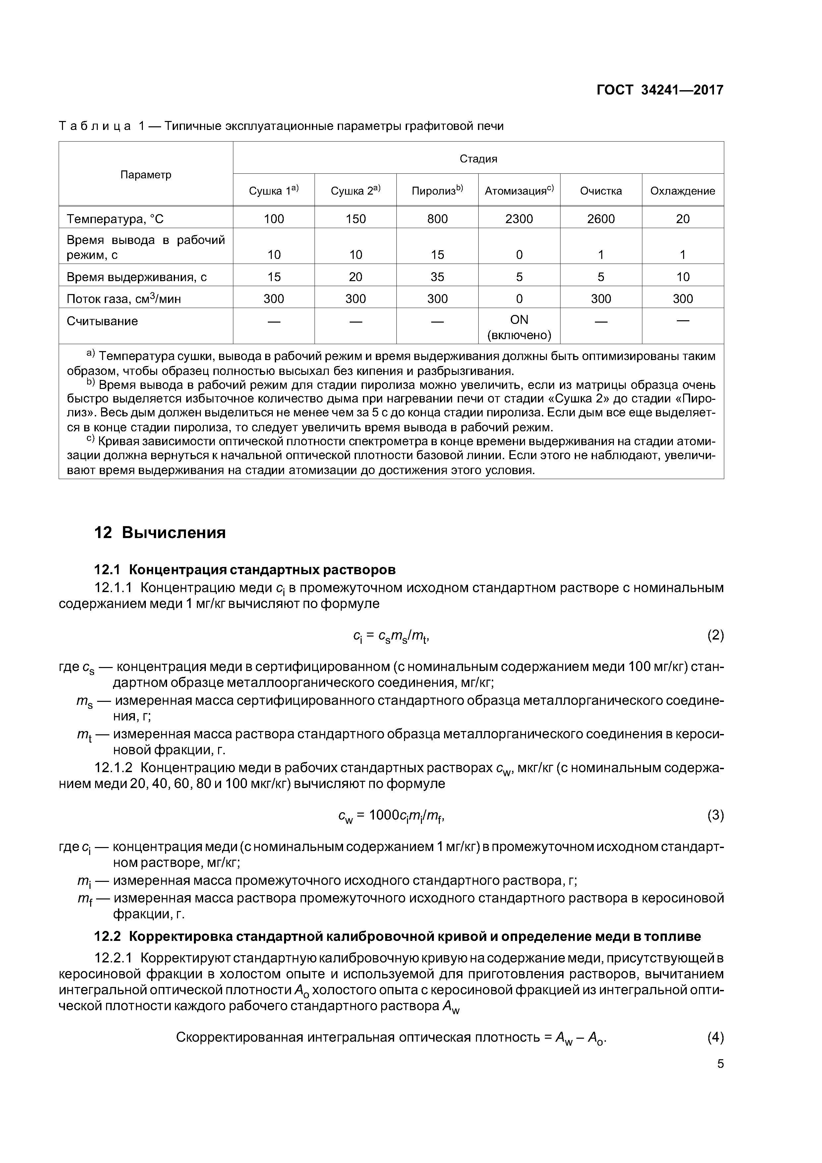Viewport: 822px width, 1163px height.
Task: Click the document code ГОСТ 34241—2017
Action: coord(660,90)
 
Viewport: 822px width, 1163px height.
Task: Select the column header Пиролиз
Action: coord(437,191)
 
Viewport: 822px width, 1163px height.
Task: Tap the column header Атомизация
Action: coord(519,191)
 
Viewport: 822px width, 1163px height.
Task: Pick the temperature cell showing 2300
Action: coord(519,219)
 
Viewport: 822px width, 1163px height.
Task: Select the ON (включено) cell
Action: coord(519,327)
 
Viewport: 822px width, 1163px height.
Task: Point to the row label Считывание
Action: coord(102,321)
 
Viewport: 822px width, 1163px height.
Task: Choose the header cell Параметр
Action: coord(146,175)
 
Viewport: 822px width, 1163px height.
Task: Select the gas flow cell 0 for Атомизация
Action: coord(519,299)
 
